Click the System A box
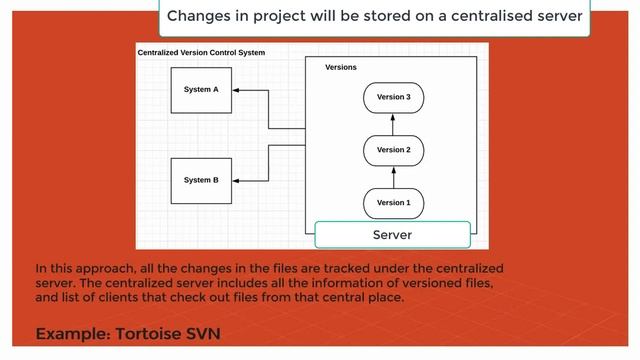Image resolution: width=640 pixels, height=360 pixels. pos(201,90)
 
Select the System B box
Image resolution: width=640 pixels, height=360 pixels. pos(201,181)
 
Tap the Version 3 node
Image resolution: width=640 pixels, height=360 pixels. pos(393,97)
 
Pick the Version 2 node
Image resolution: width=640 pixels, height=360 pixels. pos(393,150)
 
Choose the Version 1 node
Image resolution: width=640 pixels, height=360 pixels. pos(393,202)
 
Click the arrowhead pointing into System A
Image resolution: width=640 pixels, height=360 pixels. pos(237,90)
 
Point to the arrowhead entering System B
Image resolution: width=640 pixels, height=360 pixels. pos(237,181)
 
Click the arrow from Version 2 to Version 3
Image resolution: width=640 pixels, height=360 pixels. pos(393,123)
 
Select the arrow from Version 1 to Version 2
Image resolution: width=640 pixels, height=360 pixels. pos(393,176)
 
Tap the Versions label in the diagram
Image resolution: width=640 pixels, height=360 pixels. pos(341,68)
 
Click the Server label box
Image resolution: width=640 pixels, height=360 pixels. pos(392,235)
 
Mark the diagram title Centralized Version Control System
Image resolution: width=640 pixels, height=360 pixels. pos(201,52)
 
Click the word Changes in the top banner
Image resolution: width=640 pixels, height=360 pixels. pos(200,16)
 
